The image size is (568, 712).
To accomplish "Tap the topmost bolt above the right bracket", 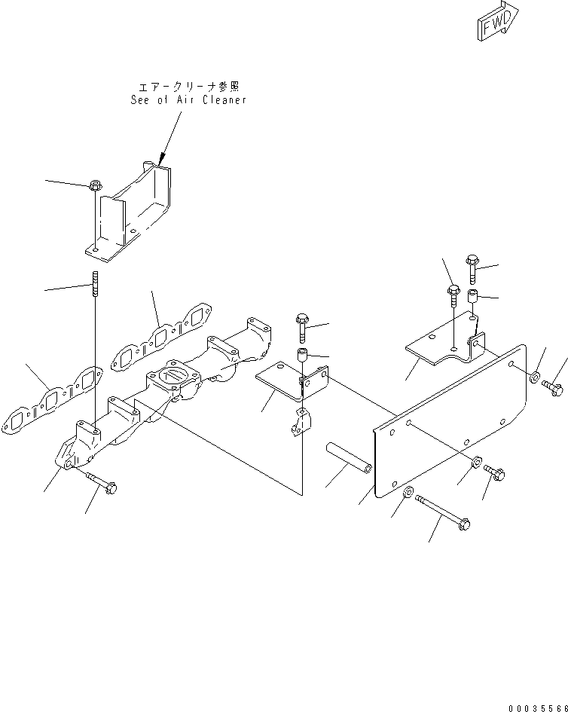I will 472,264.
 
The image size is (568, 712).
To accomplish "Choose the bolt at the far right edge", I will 553,387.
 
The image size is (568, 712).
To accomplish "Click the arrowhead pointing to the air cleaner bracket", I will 160,160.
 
